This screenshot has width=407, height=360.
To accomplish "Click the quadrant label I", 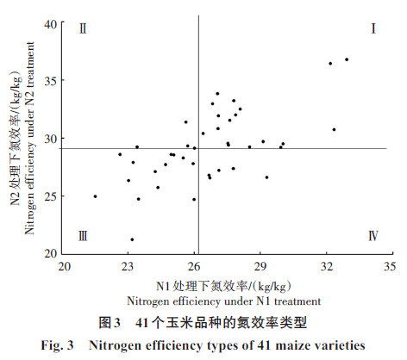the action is (x=373, y=28).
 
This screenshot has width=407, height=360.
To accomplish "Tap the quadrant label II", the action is (x=83, y=28).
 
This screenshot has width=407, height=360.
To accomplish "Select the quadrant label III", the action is (x=83, y=236).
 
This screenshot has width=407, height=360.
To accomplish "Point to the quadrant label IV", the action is (x=373, y=236).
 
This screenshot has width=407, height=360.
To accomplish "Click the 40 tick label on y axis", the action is (x=51, y=24).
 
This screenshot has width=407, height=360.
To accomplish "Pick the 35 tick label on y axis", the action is (x=51, y=81).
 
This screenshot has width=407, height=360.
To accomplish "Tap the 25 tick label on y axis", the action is (x=51, y=196).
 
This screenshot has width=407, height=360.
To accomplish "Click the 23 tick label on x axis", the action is (x=128, y=267).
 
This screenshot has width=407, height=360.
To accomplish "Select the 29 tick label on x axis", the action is (x=260, y=267).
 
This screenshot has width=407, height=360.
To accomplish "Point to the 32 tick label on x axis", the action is (x=327, y=267).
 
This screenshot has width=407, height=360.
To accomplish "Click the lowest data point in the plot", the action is (x=132, y=239).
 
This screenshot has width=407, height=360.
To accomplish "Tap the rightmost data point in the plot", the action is (x=347, y=59).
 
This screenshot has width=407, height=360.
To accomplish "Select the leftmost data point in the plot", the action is (x=95, y=196).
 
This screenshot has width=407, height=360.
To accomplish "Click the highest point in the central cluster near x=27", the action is (x=217, y=94).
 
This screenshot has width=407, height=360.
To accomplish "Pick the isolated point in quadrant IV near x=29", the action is (x=266, y=177).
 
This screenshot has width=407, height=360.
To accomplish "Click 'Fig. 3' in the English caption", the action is (x=57, y=345).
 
